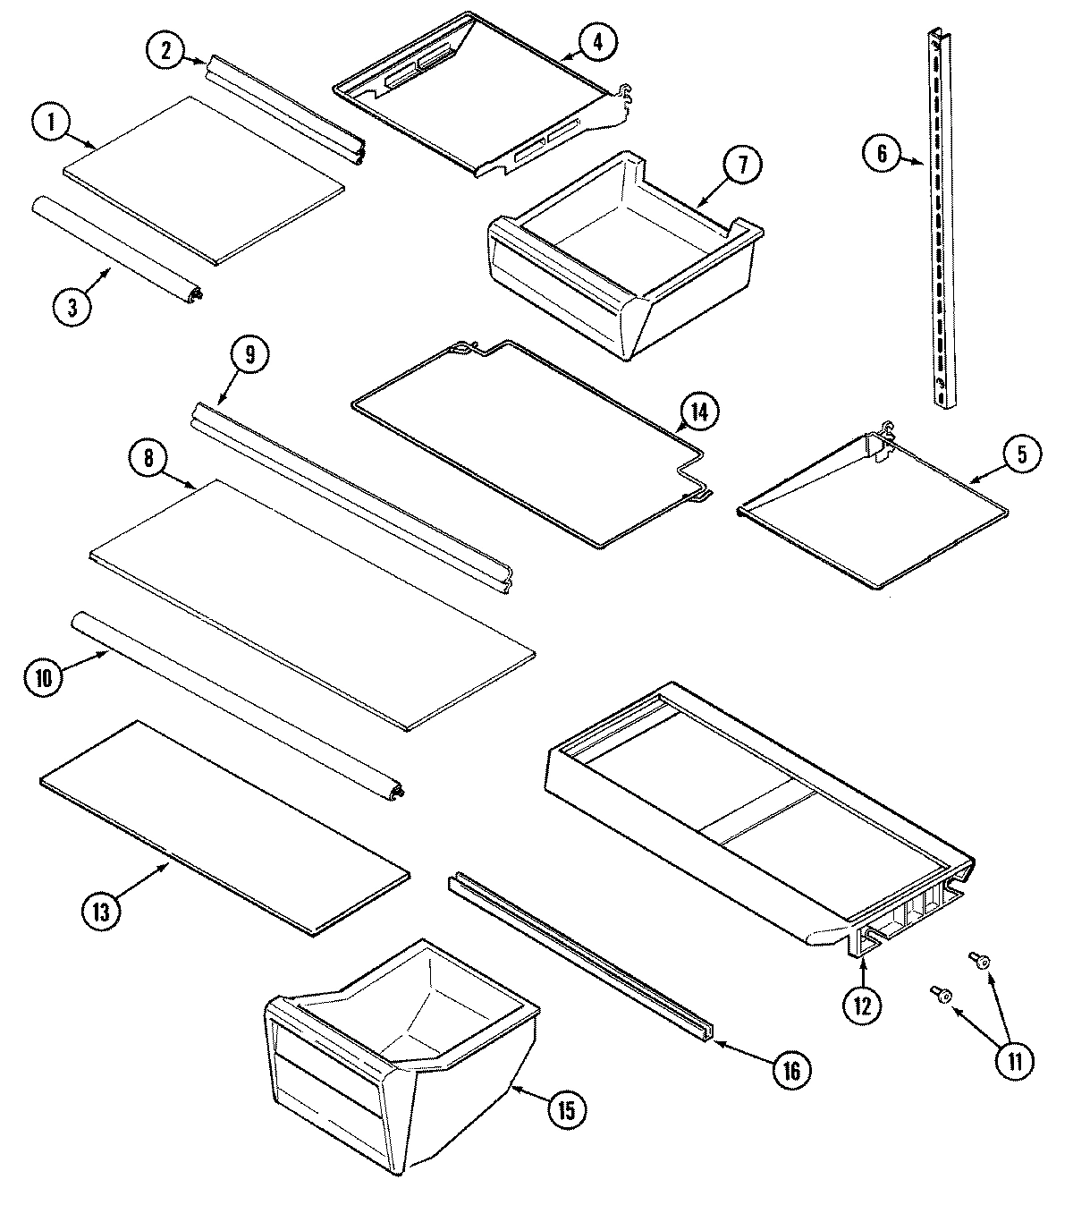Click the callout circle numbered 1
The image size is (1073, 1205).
point(51,123)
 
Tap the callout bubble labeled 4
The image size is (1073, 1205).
point(597,41)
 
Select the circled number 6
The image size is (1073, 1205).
point(881,154)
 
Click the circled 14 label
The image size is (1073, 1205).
point(698,412)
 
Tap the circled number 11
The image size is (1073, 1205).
point(1015,1061)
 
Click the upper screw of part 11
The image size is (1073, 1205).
point(980,962)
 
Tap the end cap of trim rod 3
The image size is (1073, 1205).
point(193,292)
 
